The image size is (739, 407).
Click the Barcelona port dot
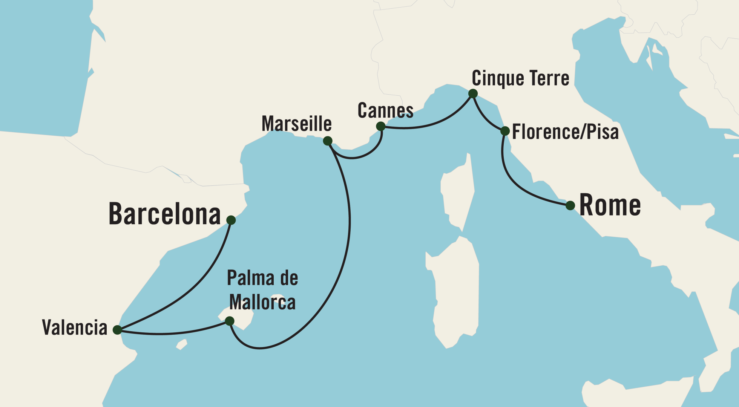(231, 220)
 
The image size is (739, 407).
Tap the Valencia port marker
(117, 330)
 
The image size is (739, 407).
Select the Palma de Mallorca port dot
(229, 321)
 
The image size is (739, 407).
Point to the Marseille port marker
(328, 141)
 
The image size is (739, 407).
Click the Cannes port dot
(381, 126)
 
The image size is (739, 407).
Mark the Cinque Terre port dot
(473, 93)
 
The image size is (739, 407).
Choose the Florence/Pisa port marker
(505, 131)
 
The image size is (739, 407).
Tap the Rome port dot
(570, 205)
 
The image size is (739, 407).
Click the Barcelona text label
(164, 214)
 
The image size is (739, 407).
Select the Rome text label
(610, 205)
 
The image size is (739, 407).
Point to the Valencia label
(75, 327)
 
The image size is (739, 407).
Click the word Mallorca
(262, 302)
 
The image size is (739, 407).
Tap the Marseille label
(296, 124)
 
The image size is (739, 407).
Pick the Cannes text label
(385, 110)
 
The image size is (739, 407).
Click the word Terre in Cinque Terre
(549, 78)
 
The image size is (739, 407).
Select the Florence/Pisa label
(565, 132)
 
